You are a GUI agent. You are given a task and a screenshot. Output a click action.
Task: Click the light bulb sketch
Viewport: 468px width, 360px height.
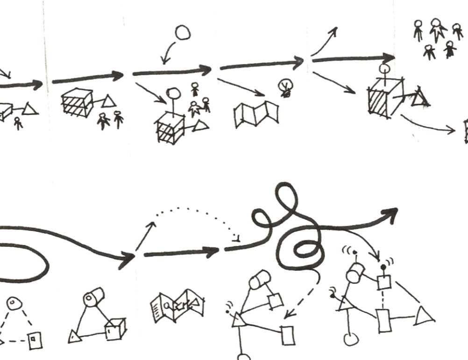[x=284, y=87]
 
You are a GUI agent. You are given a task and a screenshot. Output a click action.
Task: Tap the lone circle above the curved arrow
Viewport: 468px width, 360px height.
[x=183, y=32]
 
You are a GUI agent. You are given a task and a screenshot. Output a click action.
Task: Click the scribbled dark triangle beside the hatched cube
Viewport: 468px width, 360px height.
[x=422, y=97]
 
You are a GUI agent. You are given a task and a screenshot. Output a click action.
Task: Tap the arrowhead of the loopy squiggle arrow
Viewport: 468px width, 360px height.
[x=390, y=215]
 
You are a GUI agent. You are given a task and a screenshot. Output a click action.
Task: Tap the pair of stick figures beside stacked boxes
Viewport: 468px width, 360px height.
[x=111, y=119]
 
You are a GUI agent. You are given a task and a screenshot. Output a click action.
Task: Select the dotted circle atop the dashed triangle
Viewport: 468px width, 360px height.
[x=13, y=303]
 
